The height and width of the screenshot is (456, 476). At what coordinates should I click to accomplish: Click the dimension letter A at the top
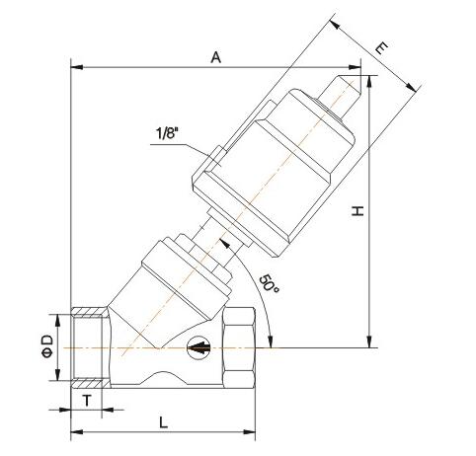point(215,57)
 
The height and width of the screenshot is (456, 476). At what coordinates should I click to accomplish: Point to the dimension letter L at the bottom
point(162,422)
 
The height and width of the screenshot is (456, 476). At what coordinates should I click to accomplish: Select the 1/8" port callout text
point(170,133)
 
